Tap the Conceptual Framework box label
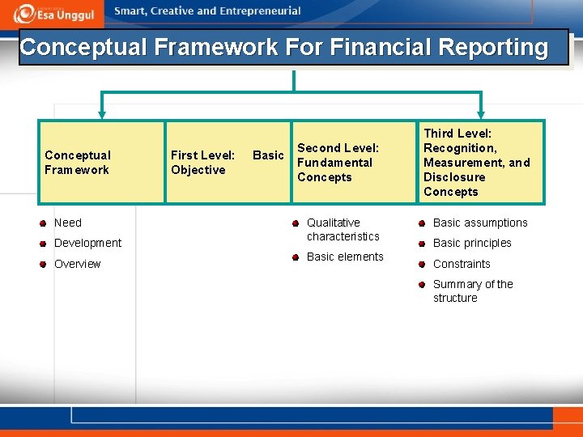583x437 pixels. pyautogui.click(x=78, y=162)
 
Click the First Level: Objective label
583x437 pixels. pyautogui.click(x=202, y=162)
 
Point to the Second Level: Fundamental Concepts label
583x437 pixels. pyautogui.click(x=338, y=162)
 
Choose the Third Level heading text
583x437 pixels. pyautogui.click(x=457, y=134)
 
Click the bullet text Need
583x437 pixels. pyautogui.click(x=68, y=223)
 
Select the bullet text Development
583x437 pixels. pyautogui.click(x=87, y=243)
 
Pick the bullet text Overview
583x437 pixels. pyautogui.click(x=78, y=264)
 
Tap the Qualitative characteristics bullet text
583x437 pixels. pyautogui.click(x=343, y=229)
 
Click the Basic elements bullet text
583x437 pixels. pyautogui.click(x=345, y=257)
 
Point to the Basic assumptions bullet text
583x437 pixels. pyautogui.click(x=480, y=223)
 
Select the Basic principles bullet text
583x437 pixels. pyautogui.click(x=472, y=243)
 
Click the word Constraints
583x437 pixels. pyautogui.click(x=462, y=264)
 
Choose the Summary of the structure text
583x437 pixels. pyautogui.click(x=473, y=291)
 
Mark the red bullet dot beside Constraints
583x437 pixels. pyautogui.click(x=422, y=264)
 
